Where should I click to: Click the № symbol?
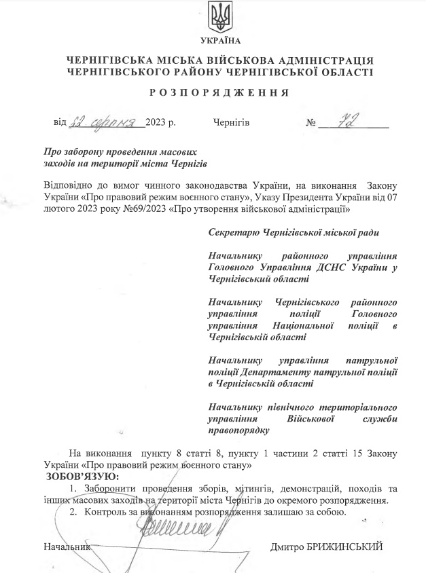[313, 124]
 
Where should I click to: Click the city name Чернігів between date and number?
[231, 124]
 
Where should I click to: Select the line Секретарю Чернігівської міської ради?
[294, 233]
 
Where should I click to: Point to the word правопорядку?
[238, 430]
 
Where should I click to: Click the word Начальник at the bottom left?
[66, 546]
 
